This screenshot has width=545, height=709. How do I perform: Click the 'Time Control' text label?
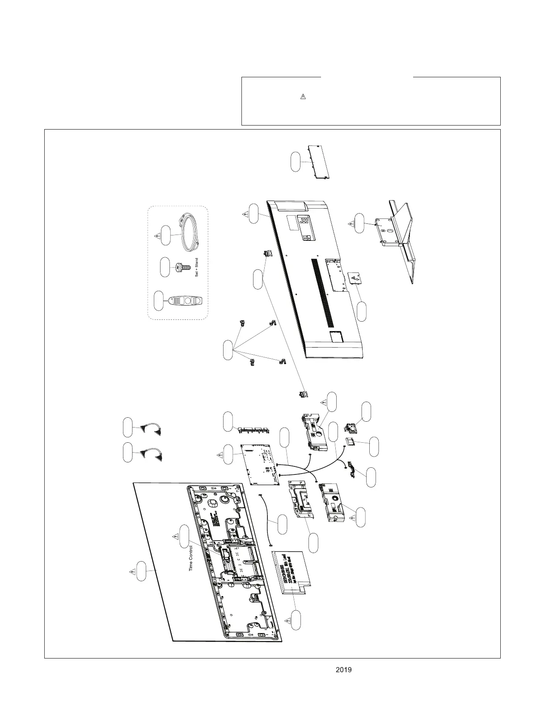191,557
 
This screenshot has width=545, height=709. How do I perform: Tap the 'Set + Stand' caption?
197,267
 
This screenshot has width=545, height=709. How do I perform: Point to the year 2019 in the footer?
343,670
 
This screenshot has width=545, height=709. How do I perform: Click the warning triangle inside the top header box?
302,97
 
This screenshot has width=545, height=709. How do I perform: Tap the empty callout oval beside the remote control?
158,301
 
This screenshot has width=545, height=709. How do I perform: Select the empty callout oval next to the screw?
165,267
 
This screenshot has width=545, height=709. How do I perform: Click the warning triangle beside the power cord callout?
156,235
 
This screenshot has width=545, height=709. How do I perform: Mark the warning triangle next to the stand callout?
350,223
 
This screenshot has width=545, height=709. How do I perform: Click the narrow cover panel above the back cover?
318,162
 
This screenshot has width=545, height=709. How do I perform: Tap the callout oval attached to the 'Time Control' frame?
184,537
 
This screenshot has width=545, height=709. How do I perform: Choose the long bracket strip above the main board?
253,430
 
